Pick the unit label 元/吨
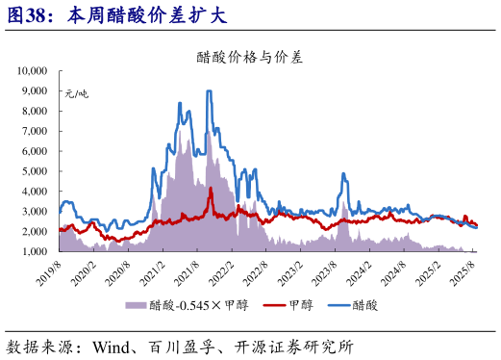pos(76,93)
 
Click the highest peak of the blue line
pos(210,91)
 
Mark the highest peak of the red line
pos(211,189)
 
